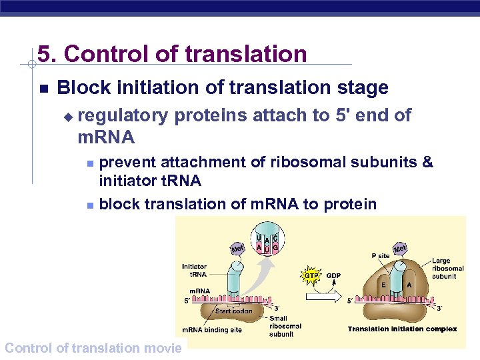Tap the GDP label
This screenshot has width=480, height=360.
point(334,275)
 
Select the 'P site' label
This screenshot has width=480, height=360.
point(380,255)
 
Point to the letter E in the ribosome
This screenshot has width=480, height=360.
point(383,284)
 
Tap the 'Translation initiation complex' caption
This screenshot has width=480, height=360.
point(402,329)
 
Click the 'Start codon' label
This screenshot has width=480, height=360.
point(233,311)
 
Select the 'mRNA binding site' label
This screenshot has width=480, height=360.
point(213,330)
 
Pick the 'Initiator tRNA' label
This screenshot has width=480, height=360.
point(194,270)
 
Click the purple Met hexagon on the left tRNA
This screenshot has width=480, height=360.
point(237,249)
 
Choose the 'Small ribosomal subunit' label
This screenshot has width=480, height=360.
point(285,327)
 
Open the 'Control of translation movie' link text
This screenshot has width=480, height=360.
point(93,347)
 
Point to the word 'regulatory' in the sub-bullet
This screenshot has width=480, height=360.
point(123,116)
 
